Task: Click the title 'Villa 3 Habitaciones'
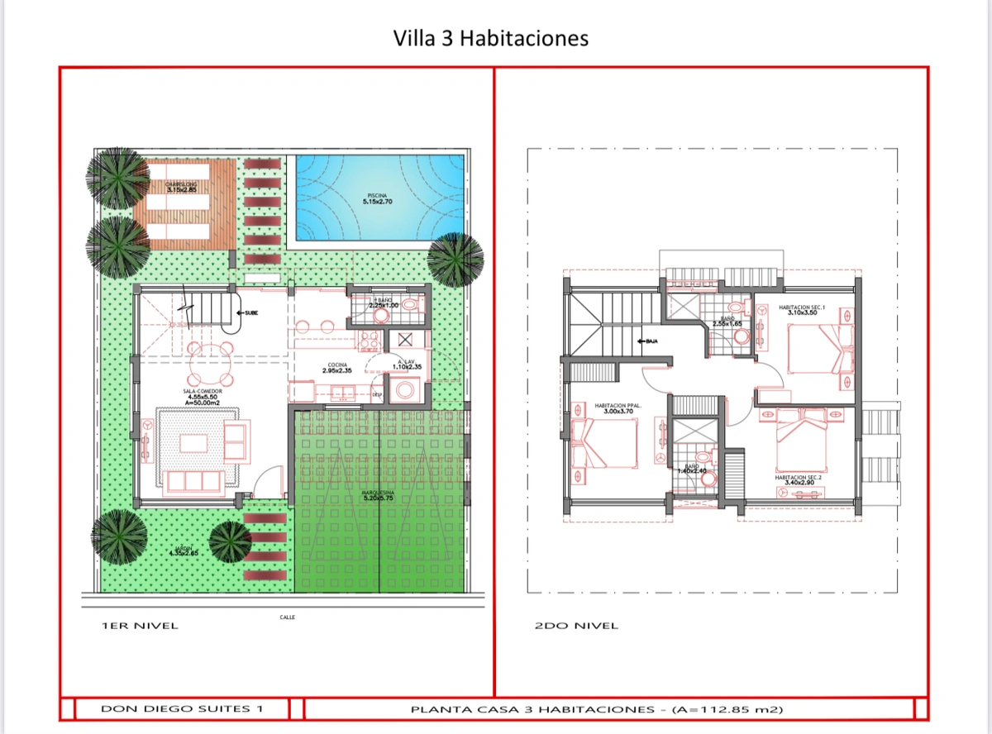491,38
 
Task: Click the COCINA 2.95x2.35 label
336,367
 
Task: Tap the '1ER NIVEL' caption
139,626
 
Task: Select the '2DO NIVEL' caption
576,626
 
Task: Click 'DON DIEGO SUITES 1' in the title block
182,709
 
